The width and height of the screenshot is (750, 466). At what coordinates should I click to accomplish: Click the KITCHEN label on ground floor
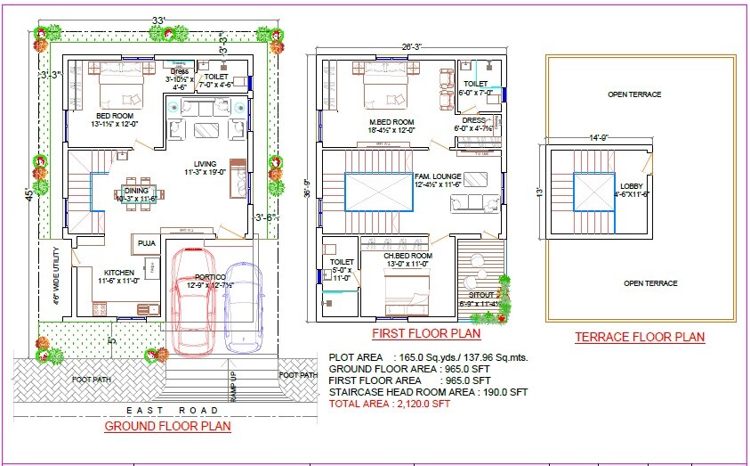point(118,273)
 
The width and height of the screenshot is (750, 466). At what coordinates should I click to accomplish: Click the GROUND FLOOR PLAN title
point(168,426)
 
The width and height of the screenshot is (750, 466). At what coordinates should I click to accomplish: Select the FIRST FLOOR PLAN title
point(426,334)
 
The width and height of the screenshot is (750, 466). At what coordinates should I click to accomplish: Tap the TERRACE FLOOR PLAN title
point(639,337)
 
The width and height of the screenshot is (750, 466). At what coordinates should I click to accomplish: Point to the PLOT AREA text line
point(428,357)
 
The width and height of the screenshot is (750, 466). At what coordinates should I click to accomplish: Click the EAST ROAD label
point(172,410)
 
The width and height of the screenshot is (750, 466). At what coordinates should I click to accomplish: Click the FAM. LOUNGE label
point(438,176)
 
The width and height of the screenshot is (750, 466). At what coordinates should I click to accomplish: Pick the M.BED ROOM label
point(391,122)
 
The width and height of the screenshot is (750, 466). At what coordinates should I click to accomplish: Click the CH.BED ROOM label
point(407,255)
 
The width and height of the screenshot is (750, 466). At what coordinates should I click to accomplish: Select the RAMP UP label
point(233,387)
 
